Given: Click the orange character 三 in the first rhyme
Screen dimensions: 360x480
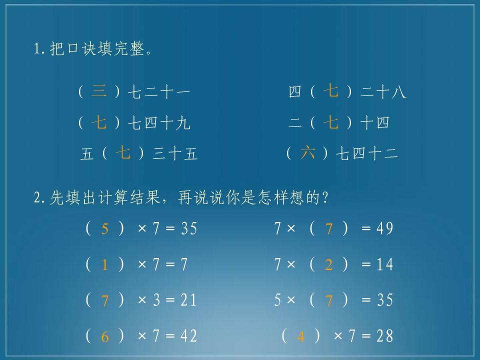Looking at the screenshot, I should [x=99, y=91].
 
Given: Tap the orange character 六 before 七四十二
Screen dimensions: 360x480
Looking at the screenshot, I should [x=307, y=152].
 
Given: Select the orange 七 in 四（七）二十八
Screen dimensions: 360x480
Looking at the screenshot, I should [x=331, y=91].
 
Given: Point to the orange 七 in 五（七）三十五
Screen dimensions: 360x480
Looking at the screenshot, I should [x=123, y=152].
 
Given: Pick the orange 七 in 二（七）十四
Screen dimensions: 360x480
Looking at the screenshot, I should [x=331, y=122].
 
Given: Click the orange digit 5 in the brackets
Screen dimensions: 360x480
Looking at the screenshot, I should [x=104, y=229].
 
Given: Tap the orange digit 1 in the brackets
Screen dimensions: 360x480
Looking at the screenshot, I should [x=104, y=265].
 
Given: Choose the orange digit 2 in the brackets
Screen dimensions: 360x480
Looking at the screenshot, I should [x=328, y=265].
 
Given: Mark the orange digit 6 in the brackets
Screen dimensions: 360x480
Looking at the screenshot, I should [x=104, y=336].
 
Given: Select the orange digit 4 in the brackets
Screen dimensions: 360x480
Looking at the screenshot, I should [x=300, y=336].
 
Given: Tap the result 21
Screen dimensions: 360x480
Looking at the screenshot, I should [x=188, y=300].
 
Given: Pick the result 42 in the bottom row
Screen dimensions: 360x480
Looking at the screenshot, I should [x=188, y=336].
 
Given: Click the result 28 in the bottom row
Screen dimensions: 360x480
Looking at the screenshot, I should [x=385, y=336].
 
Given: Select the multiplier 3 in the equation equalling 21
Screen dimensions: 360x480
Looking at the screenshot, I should [x=156, y=300].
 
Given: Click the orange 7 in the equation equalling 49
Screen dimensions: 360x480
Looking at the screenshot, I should [x=328, y=229].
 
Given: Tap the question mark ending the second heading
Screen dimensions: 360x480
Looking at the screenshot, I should [x=325, y=199].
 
